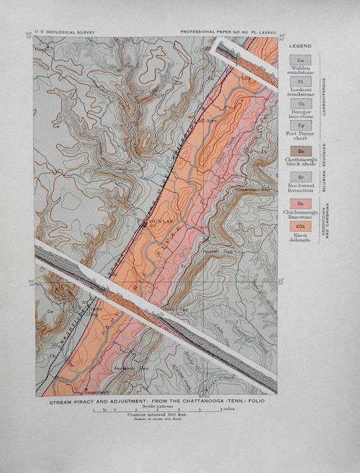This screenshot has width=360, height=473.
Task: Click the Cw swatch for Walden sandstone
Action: coord(300,61)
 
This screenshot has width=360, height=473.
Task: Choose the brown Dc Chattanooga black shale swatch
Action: coord(300,152)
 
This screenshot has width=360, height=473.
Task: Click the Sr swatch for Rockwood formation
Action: coord(300,177)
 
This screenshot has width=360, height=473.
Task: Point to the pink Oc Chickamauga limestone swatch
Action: coord(300,204)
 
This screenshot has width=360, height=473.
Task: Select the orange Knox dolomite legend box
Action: coord(300,226)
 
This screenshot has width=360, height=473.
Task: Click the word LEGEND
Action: coord(301,46)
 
